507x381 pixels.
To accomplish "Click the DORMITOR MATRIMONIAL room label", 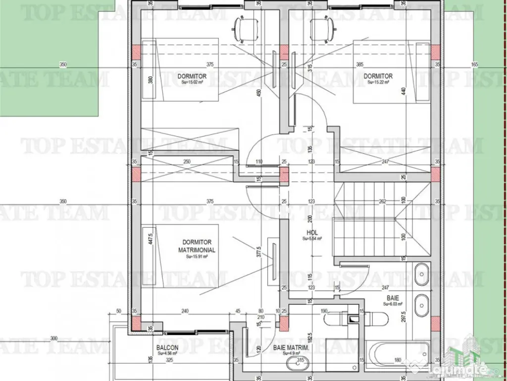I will point(196,246).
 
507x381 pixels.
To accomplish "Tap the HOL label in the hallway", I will point(312,233).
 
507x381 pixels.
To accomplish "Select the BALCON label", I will point(167,348).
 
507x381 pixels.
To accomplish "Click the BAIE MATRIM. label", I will point(291,348).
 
